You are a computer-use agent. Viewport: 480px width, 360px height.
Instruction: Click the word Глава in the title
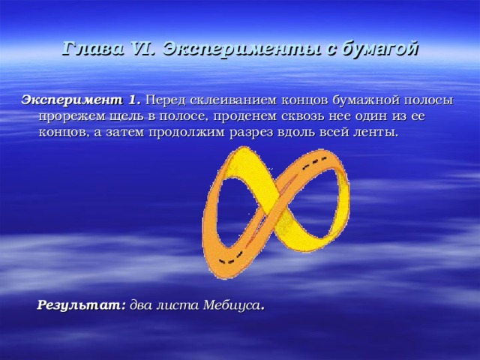[93, 48]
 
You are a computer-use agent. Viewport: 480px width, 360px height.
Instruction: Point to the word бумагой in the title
[379, 49]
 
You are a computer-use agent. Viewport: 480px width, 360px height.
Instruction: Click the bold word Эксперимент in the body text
[71, 100]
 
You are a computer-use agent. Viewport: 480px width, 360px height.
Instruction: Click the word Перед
[165, 100]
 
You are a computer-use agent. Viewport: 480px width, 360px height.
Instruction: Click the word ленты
[379, 133]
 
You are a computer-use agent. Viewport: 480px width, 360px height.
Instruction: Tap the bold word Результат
[82, 305]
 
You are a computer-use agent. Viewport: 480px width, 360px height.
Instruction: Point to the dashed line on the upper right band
[315, 163]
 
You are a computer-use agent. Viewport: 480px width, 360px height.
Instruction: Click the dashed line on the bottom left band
[231, 257]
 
